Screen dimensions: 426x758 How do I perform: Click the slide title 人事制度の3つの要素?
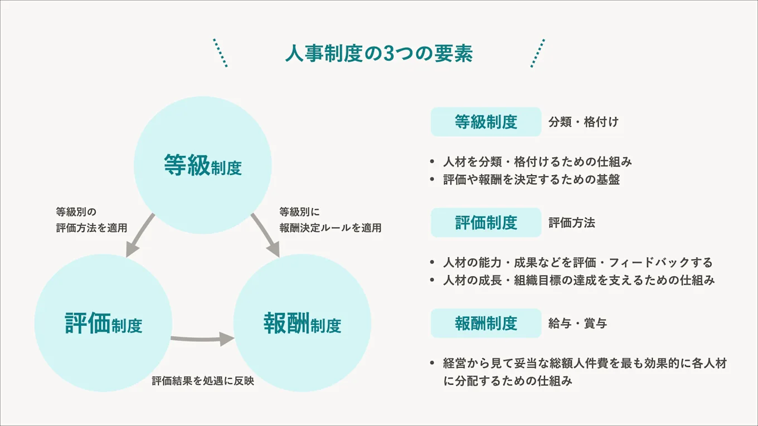point(378,54)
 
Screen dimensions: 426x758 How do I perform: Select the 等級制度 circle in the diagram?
point(203,165)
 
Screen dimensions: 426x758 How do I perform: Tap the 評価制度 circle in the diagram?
point(104,324)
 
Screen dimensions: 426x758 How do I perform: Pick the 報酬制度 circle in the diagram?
point(302,324)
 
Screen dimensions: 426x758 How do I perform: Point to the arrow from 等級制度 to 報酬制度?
point(265,235)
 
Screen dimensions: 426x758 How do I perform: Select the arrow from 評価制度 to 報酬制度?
point(201,338)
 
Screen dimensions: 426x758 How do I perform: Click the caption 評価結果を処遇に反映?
point(203,381)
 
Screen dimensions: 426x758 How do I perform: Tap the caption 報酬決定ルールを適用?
point(331,228)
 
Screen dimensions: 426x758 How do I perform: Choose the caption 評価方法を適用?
point(91,228)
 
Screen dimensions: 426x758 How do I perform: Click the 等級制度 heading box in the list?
point(486,122)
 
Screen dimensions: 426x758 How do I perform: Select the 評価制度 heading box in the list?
point(486,223)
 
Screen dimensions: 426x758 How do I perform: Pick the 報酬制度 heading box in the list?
point(486,324)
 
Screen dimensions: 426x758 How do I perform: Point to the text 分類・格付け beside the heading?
point(584,122)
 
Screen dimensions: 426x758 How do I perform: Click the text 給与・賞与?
point(577,324)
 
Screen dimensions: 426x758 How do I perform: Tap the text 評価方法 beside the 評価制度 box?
point(572,223)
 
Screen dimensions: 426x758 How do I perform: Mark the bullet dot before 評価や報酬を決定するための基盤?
point(432,180)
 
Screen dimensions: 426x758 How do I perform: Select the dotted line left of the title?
point(220,53)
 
